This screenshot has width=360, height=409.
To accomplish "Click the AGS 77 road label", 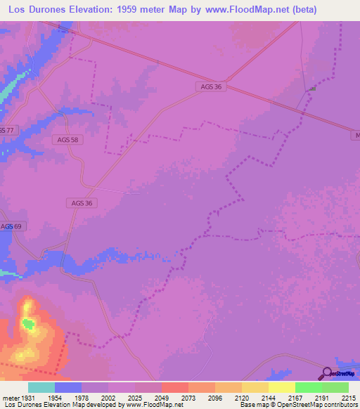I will pyautogui.click(x=7, y=130).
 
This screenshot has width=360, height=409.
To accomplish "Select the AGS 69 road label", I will pyautogui.click(x=11, y=226).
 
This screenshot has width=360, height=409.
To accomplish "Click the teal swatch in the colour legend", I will pyautogui.click(x=41, y=387).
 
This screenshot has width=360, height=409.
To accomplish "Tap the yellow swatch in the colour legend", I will pyautogui.click(x=281, y=387).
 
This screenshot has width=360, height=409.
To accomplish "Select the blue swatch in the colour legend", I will pyautogui.click(x=68, y=387).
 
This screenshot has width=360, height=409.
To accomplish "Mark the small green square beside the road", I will pyautogui.click(x=313, y=89).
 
